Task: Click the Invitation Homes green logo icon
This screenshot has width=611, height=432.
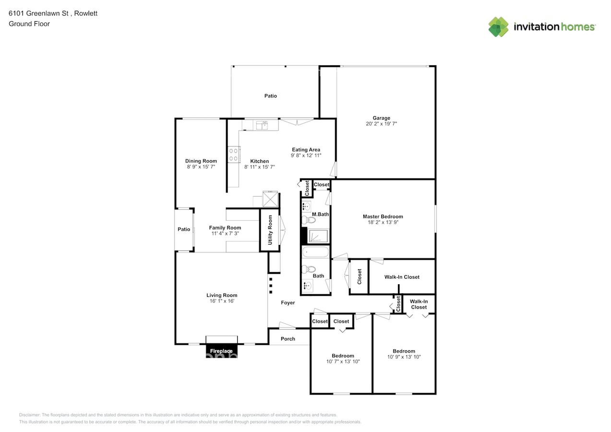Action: [x=498, y=27]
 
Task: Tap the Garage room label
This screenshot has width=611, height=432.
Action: [x=381, y=118]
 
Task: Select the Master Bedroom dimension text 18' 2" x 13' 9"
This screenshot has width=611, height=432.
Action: [x=383, y=222]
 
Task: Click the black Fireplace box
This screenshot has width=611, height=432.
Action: [x=221, y=351]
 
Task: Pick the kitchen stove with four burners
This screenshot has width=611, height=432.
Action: [x=234, y=155]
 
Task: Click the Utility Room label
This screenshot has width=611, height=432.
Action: [x=270, y=230]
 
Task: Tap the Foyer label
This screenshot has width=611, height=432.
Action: [x=288, y=302]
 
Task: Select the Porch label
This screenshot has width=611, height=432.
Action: [x=288, y=339]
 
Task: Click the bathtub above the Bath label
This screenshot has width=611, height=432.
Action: [x=316, y=252]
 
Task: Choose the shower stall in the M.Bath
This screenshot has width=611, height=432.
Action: [x=318, y=236]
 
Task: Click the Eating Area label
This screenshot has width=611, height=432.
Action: [x=306, y=150]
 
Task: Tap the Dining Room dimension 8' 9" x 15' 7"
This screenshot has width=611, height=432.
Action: [x=201, y=167]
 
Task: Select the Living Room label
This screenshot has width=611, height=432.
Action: [x=222, y=295]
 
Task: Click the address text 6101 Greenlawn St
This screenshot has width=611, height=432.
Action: [x=38, y=13]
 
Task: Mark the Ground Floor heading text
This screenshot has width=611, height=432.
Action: [x=29, y=24]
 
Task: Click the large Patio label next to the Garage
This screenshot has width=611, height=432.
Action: [x=271, y=96]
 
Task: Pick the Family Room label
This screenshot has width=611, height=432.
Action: [x=225, y=228]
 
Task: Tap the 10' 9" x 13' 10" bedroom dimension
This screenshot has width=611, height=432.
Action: [x=404, y=357]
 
